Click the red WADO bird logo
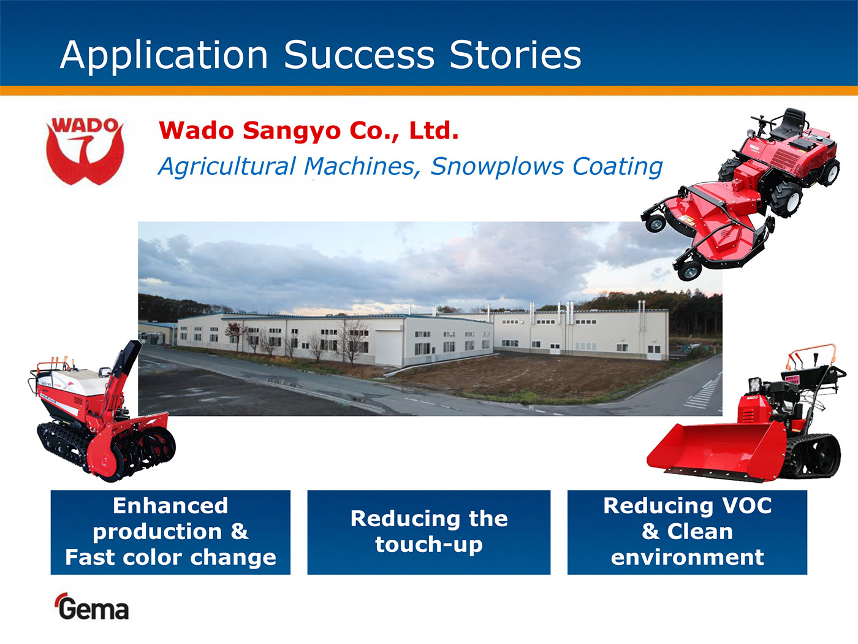[85, 151]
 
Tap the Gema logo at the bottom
[92, 607]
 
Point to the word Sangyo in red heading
[292, 131]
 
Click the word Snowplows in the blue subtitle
[496, 166]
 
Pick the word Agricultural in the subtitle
[227, 166]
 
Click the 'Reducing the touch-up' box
[429, 532]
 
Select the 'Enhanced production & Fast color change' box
[170, 532]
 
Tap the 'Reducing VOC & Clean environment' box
[687, 532]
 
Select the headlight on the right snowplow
[754, 385]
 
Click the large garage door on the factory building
[388, 348]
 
